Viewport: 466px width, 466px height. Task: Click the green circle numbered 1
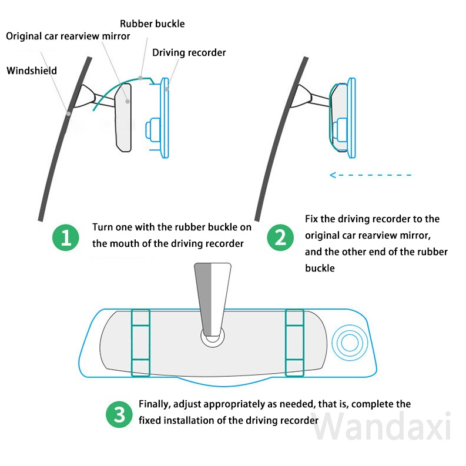click(66, 237)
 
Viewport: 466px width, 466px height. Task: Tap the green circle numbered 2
click(280, 237)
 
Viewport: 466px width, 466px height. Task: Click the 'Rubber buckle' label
click(152, 24)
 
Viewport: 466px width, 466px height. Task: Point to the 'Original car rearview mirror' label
click(68, 36)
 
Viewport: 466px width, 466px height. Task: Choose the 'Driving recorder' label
click(189, 53)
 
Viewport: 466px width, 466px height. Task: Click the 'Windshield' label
click(32, 71)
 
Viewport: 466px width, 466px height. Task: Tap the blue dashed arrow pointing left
click(370, 175)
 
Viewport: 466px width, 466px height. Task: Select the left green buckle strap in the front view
click(140, 342)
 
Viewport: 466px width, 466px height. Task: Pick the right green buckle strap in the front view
click(294, 342)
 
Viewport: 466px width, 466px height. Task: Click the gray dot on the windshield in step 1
click(69, 112)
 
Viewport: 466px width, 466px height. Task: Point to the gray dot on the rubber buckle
click(140, 76)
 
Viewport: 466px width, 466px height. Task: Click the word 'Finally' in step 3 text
click(154, 404)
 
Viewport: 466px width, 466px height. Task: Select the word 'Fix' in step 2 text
click(312, 219)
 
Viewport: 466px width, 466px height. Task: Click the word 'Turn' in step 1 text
click(103, 227)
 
